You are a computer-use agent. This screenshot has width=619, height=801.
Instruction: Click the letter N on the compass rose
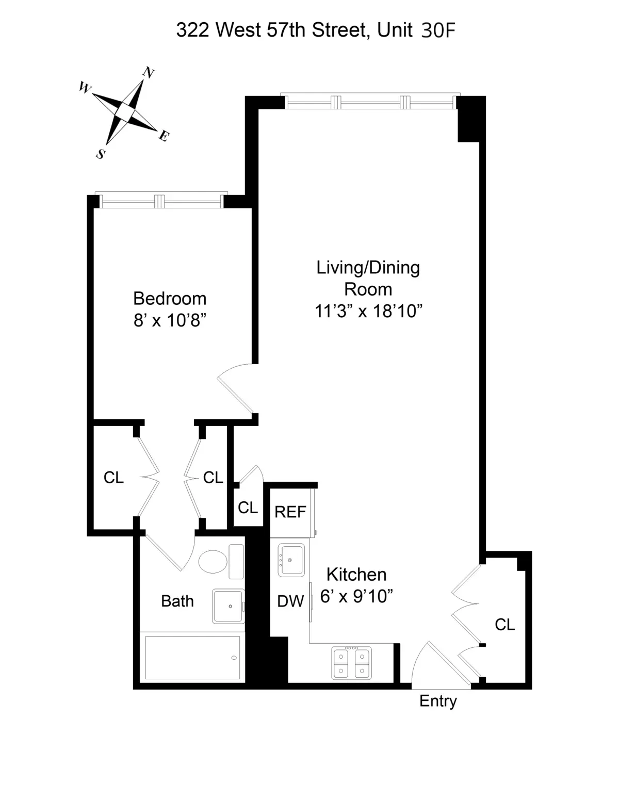point(149,73)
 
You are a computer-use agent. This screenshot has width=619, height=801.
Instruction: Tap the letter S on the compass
point(101,154)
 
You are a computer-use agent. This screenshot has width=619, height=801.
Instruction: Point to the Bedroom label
point(170,298)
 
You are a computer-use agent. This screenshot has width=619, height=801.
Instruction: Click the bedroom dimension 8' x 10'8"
point(170,320)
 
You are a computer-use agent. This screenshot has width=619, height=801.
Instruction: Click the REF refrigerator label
point(290,512)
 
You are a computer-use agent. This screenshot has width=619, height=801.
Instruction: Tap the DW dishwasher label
point(290,601)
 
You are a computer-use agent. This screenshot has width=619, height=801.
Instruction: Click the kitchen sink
point(291,560)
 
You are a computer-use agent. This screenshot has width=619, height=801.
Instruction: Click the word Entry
point(438,701)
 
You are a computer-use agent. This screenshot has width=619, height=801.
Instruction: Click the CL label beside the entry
point(504,625)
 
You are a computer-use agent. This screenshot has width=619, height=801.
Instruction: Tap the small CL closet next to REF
point(248,508)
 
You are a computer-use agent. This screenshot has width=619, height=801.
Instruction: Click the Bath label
point(177,601)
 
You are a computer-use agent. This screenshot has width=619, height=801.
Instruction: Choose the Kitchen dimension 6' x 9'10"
point(356,596)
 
